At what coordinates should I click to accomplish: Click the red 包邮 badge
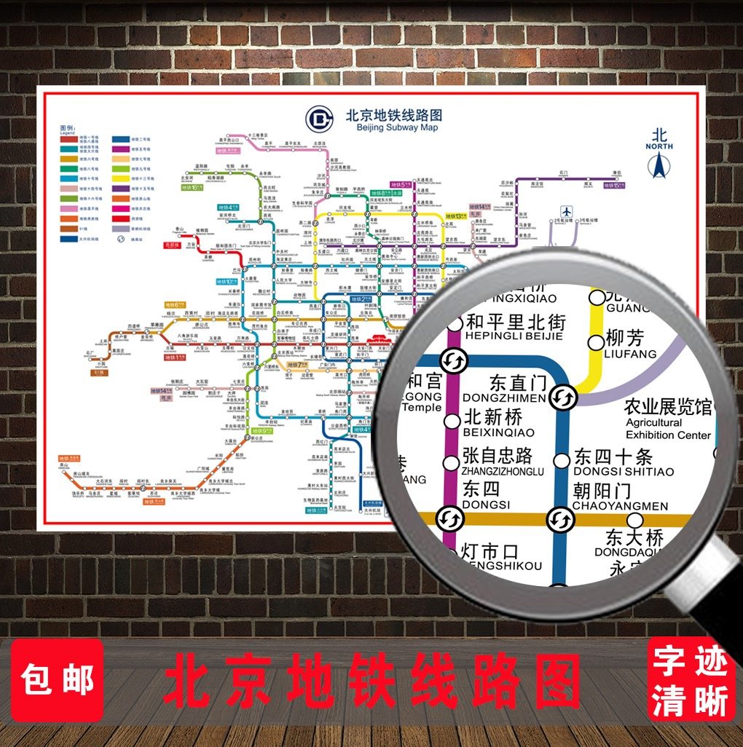click(58, 679)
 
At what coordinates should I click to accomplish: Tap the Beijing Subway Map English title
click(397, 128)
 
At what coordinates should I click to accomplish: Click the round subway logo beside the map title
click(319, 118)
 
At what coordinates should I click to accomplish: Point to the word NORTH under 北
click(659, 146)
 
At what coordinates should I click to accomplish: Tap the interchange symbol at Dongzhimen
click(563, 397)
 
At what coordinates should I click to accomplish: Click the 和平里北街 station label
click(515, 321)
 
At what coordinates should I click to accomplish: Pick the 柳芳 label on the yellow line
click(625, 339)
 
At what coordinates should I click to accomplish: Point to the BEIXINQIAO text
click(498, 432)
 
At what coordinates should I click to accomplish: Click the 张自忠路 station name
click(498, 456)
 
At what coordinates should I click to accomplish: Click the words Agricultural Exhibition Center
click(667, 428)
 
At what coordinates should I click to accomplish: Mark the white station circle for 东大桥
click(635, 520)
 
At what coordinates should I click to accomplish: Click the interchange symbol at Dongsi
click(447, 518)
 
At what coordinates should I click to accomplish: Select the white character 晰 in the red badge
click(712, 702)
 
